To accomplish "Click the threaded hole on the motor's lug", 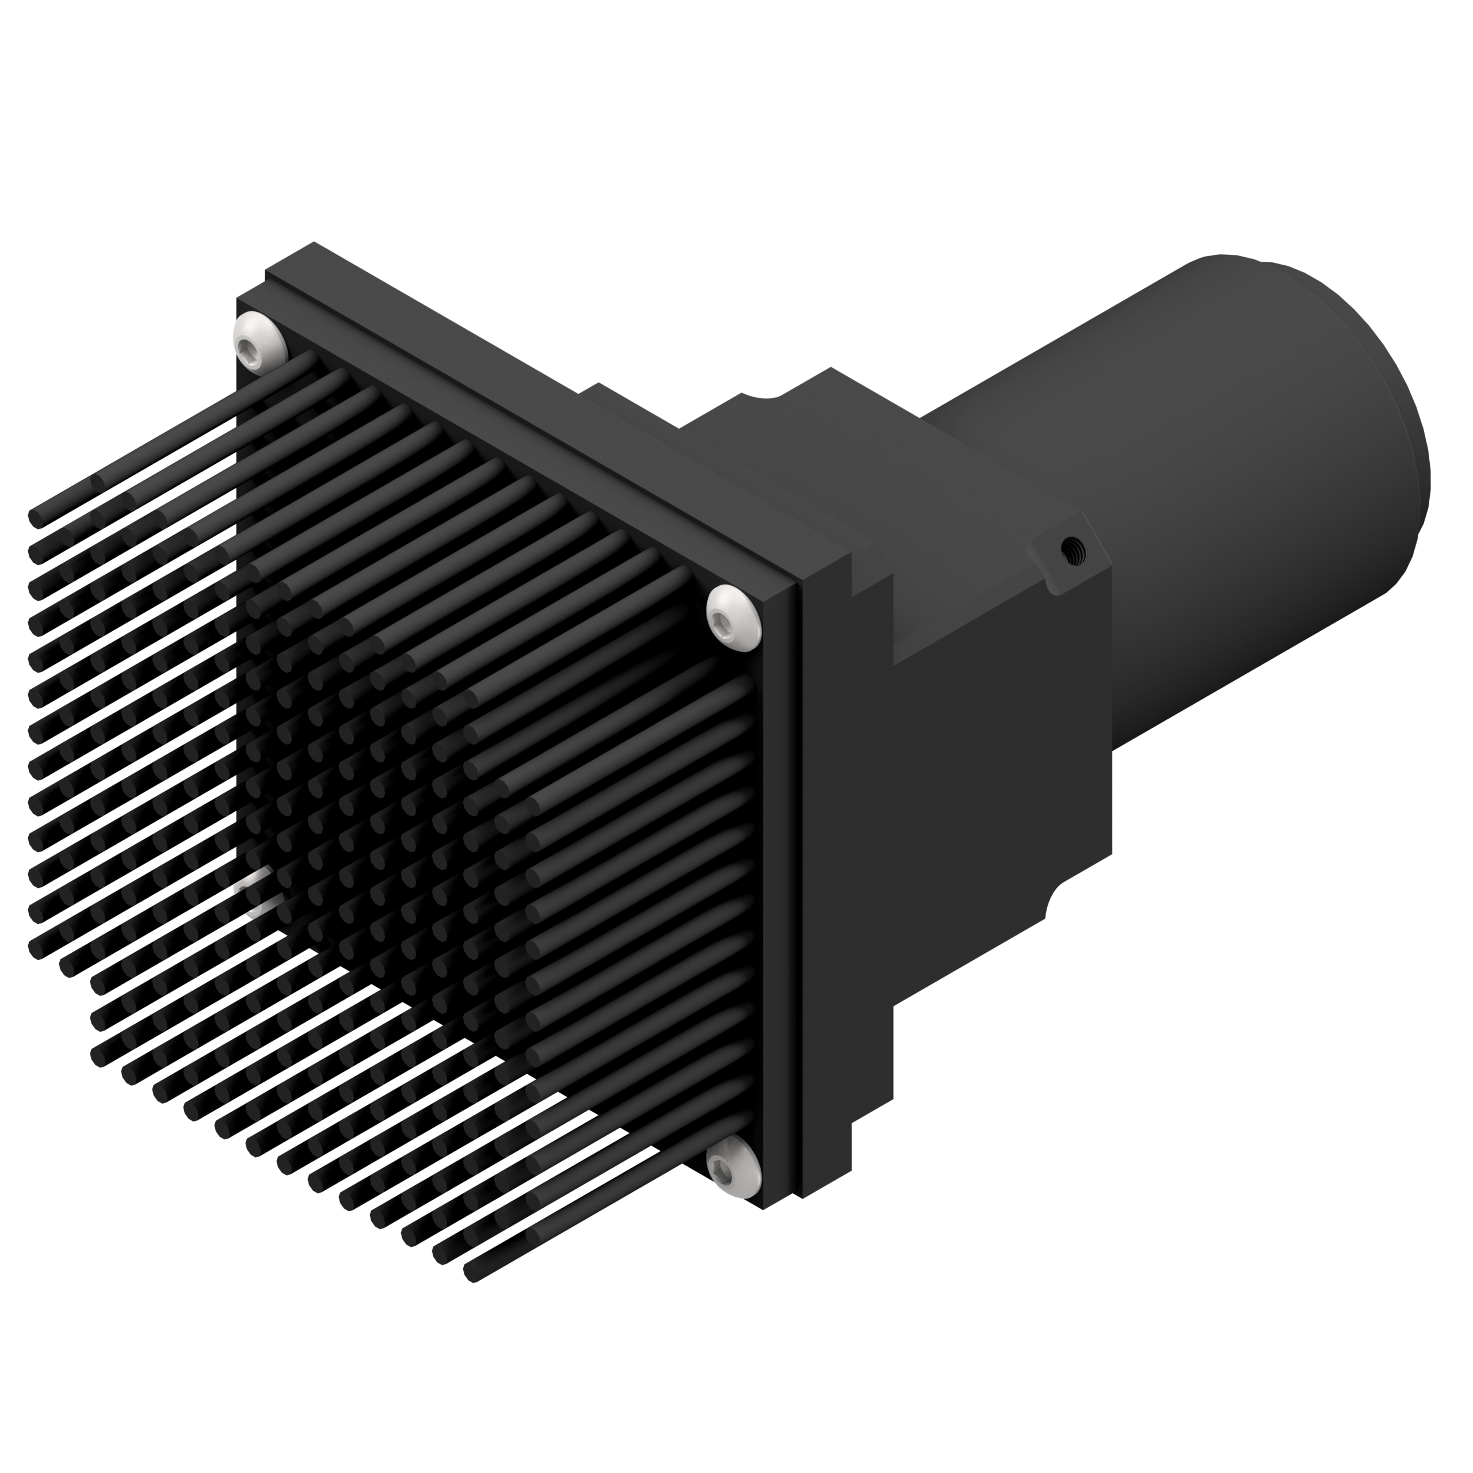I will pos(1073,549).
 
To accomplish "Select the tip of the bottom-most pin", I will pos(471,1272).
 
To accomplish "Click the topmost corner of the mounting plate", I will pos(311,244).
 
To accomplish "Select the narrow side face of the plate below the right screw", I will pos(778,915).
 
